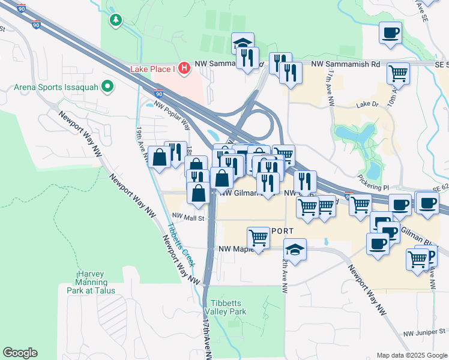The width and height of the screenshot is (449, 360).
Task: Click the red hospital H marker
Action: tap(184, 69)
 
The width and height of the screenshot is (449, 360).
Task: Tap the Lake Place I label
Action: tap(152, 69)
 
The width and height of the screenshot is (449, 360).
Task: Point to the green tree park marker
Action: tap(116, 20)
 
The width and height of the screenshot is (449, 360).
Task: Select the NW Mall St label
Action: tap(188, 218)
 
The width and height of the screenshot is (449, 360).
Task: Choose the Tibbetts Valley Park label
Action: tap(229, 308)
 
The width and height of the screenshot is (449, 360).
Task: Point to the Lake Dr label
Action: tap(364, 104)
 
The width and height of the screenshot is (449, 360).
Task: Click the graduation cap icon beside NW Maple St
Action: tap(295, 248)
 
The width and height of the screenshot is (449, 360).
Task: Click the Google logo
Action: tap(20, 353)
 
